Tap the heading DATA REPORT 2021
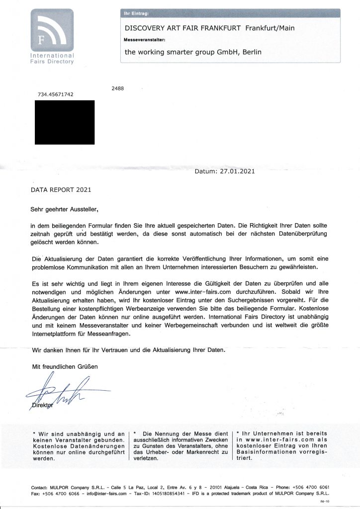point(61,190)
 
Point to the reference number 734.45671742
point(56,94)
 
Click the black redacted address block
point(65,122)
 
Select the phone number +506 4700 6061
point(310,487)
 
